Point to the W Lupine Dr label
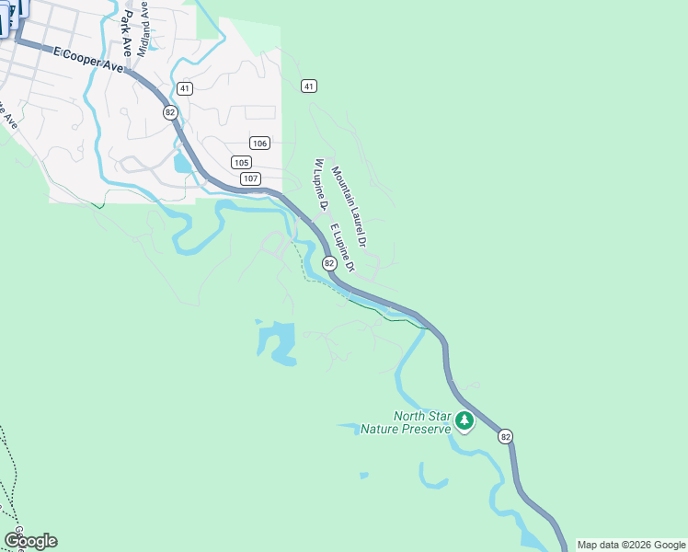(x=321, y=184)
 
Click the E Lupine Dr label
(x=341, y=247)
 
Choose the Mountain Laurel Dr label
(x=350, y=207)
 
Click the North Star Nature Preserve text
(x=406, y=422)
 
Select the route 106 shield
(x=259, y=143)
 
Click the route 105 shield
(x=241, y=162)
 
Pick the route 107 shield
(x=250, y=178)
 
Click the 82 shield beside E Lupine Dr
(x=329, y=263)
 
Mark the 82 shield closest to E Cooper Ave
(x=169, y=111)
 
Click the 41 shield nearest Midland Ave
(x=186, y=88)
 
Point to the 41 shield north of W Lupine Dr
(x=309, y=86)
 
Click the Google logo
(x=30, y=541)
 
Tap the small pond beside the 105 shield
(x=182, y=164)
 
